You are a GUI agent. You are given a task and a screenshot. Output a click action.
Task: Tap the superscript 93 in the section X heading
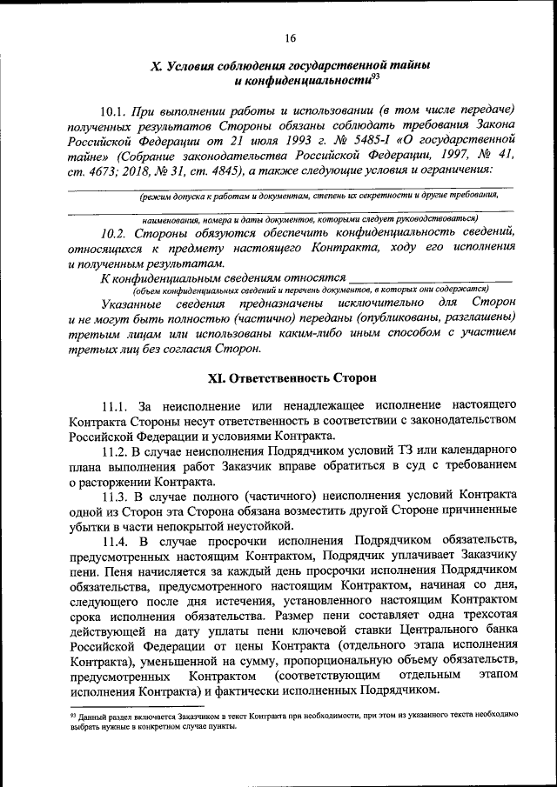375,76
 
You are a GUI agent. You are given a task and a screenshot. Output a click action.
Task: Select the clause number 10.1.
114,111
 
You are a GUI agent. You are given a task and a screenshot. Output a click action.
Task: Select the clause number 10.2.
117,231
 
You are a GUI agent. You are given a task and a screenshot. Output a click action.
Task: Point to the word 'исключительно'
360,302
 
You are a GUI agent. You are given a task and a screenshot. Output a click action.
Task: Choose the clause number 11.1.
115,406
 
